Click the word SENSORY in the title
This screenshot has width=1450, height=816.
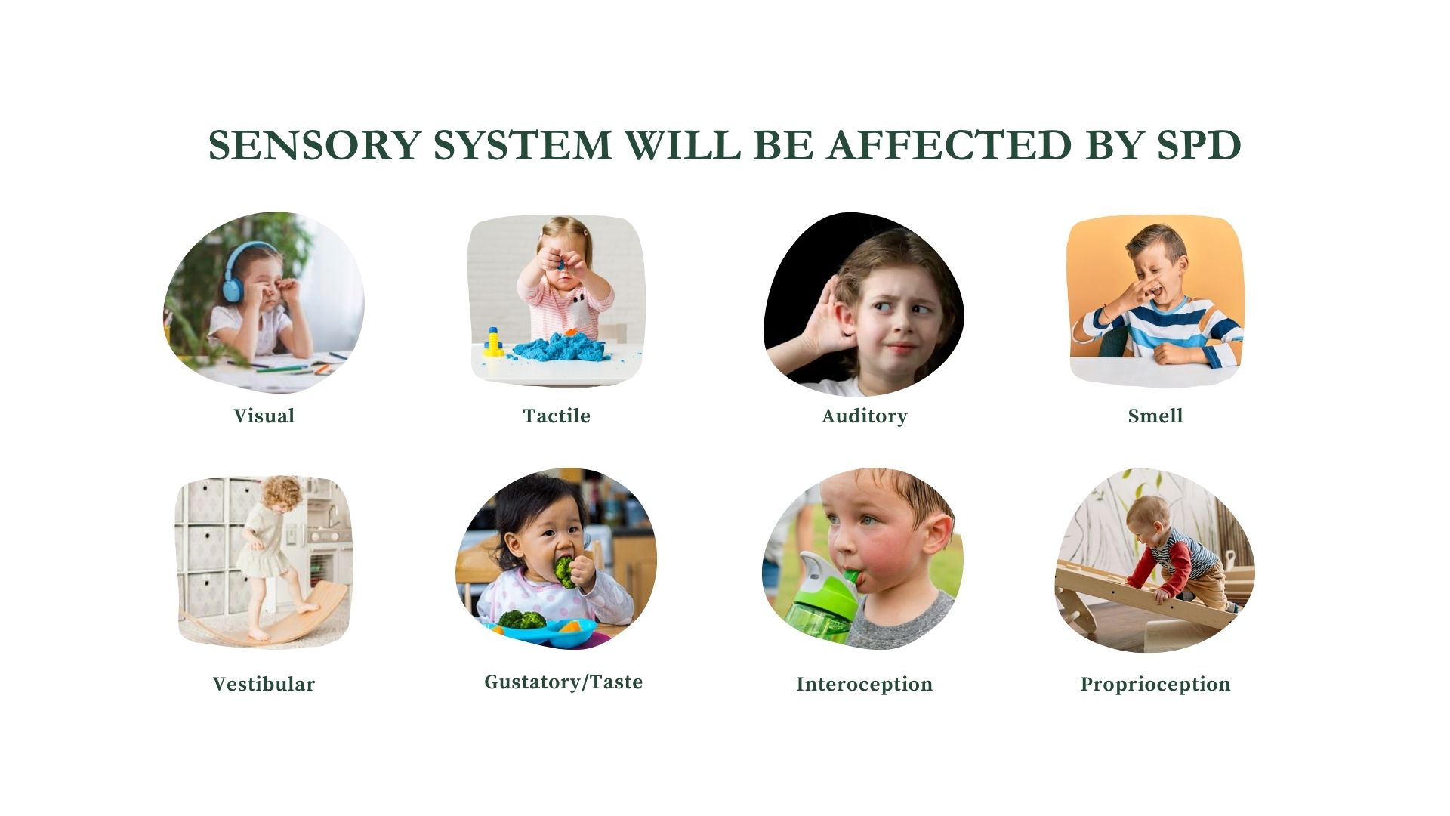pos(314,145)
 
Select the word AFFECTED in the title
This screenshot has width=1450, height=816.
pos(949,145)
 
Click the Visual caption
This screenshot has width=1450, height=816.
pos(264,416)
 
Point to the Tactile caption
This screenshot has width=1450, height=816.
pos(557,416)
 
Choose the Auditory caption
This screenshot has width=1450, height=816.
pos(864,416)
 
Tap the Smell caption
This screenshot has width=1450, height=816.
pos(1155,416)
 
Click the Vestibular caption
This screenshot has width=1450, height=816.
pos(264,684)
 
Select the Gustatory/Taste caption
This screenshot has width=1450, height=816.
pos(563,682)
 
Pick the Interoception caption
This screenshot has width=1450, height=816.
pos(864,685)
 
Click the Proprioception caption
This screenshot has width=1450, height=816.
pos(1155,685)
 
